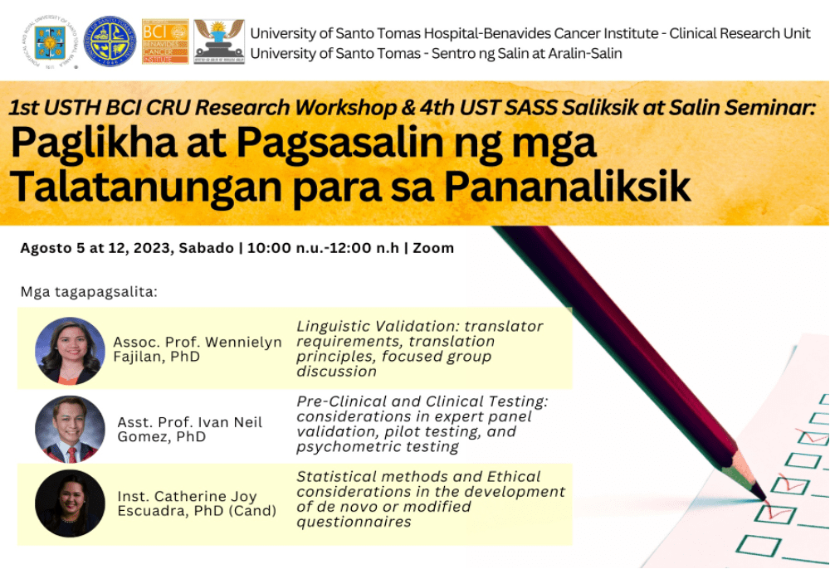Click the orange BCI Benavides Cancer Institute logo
tap(165, 41)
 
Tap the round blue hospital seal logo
tap(110, 41)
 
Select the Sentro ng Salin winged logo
tap(219, 41)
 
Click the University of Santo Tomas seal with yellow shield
tap(50, 41)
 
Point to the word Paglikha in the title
tap(93, 143)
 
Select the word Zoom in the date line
tap(433, 248)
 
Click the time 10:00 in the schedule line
tap(266, 248)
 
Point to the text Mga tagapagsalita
tap(89, 293)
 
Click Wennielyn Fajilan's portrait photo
tap(70, 350)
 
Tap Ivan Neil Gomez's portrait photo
tap(70, 429)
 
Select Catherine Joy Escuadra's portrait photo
tap(70, 503)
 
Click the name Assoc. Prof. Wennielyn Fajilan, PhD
tap(198, 349)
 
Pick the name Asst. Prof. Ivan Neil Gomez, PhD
tap(189, 430)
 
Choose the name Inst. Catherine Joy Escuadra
tap(187, 497)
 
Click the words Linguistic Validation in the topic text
tap(377, 326)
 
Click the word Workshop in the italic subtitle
tap(345, 108)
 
